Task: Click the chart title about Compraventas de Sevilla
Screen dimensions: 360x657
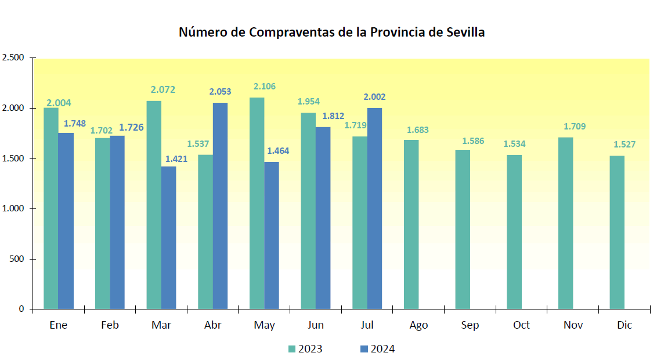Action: click(x=331, y=32)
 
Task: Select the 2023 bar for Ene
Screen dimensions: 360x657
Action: click(x=51, y=208)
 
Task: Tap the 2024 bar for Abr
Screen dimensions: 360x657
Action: click(x=220, y=206)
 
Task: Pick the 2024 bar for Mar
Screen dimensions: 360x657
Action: click(x=168, y=237)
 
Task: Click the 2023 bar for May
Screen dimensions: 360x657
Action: click(x=257, y=203)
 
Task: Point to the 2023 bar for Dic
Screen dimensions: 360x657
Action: click(x=617, y=232)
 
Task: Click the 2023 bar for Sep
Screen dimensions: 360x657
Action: click(x=463, y=229)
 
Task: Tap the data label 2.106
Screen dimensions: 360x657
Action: click(x=265, y=87)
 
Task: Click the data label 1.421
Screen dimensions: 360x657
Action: click(x=176, y=159)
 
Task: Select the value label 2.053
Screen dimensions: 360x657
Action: click(x=220, y=92)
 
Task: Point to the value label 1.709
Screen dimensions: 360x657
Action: click(x=575, y=127)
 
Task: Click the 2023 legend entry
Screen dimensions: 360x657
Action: click(x=305, y=349)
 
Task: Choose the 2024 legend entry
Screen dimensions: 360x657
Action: click(x=377, y=349)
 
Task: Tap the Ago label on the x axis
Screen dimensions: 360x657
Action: click(x=418, y=325)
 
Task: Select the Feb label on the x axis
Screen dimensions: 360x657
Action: click(x=110, y=325)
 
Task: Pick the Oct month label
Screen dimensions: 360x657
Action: click(x=521, y=325)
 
